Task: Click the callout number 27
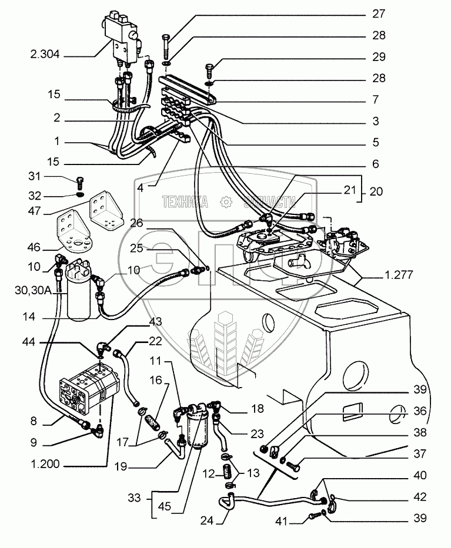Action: tap(409, 14)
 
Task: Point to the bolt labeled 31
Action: tap(80, 180)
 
